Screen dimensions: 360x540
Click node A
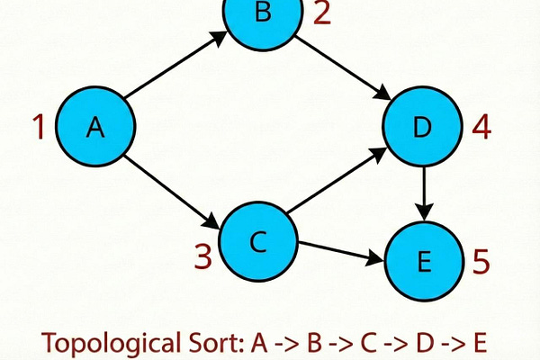pyautogui.click(x=95, y=128)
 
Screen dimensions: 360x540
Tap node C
pyautogui.click(x=257, y=241)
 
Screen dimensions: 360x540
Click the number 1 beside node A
pyautogui.click(x=38, y=128)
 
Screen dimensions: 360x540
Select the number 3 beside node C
pyautogui.click(x=203, y=257)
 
